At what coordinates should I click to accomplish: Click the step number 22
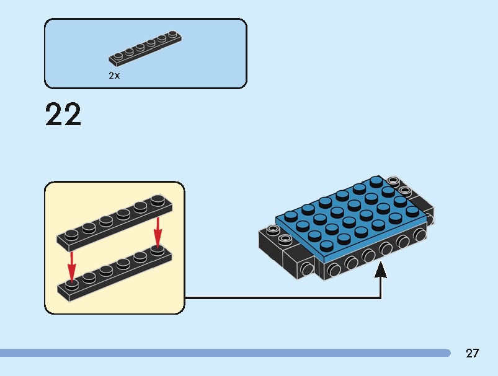[63, 115]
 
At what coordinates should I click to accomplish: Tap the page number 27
[473, 354]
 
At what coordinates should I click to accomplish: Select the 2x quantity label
[114, 75]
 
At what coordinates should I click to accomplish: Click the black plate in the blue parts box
[146, 48]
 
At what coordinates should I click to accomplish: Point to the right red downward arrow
[158, 231]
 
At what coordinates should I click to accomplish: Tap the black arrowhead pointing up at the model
[381, 270]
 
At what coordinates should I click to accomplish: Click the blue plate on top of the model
[350, 214]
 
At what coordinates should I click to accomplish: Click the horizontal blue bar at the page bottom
[223, 353]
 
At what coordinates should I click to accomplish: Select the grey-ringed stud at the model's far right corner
[392, 181]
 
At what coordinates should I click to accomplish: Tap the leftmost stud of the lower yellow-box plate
[73, 284]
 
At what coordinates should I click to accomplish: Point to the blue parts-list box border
[146, 19]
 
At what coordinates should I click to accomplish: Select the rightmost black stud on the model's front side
[420, 234]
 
